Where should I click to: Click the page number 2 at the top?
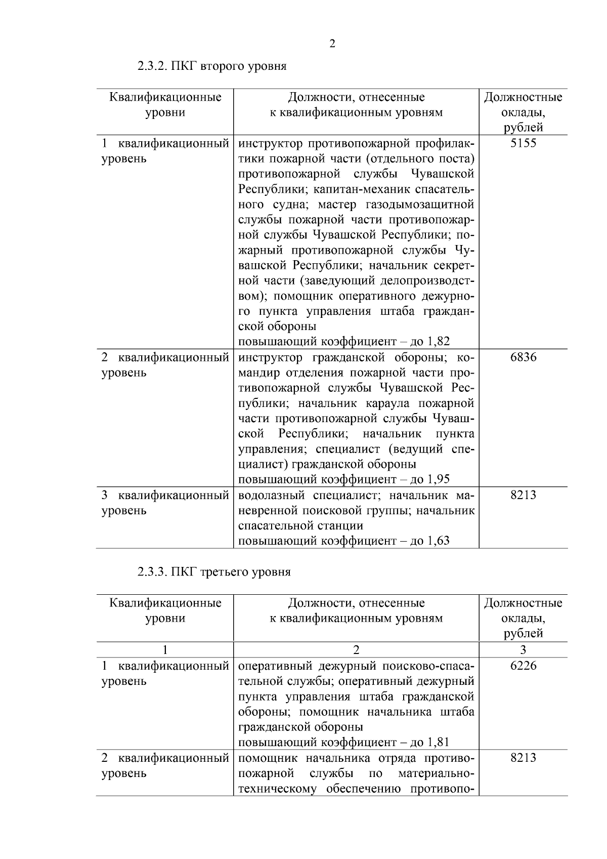(x=332, y=44)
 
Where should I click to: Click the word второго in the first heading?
(x=223, y=66)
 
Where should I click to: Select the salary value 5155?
(x=523, y=143)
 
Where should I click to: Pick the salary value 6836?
(x=523, y=357)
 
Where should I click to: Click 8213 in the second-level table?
(x=523, y=495)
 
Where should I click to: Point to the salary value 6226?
(x=523, y=666)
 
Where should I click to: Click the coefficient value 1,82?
(x=439, y=342)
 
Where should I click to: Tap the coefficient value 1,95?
(x=439, y=479)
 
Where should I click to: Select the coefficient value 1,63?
(x=439, y=541)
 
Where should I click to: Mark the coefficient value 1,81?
(x=439, y=743)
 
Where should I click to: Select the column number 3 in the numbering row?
(x=523, y=649)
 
